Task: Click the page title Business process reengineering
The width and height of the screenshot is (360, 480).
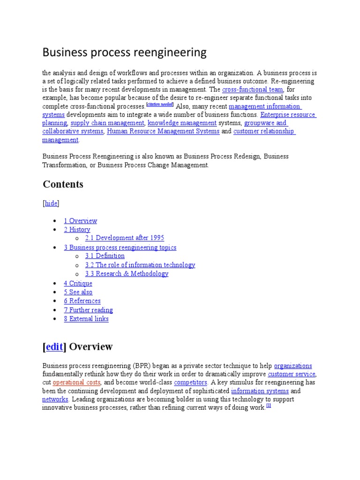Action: [124, 52]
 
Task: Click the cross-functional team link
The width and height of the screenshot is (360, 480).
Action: [252, 90]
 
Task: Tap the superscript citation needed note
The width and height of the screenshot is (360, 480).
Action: [160, 105]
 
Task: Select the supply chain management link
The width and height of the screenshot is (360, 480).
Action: [107, 123]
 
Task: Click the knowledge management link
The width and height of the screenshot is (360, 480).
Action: [182, 123]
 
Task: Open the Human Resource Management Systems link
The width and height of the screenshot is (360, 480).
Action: [163, 132]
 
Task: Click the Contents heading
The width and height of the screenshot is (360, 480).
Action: [63, 184]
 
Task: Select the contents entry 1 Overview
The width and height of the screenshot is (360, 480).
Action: [81, 221]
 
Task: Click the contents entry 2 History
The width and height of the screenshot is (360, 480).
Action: [77, 230]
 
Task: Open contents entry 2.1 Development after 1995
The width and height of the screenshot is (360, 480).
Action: [125, 238]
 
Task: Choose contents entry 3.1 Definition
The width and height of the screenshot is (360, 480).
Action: [105, 256]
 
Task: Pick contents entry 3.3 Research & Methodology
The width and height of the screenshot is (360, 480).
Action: [127, 274]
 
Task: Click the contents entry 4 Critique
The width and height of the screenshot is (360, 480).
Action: [78, 284]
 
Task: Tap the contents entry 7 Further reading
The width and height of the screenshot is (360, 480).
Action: [88, 310]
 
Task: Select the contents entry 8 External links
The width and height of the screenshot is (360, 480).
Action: [86, 319]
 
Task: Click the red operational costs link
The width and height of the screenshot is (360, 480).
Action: [76, 382]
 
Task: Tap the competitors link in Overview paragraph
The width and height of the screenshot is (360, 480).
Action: [190, 382]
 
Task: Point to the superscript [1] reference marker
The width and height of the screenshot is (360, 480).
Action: [269, 406]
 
